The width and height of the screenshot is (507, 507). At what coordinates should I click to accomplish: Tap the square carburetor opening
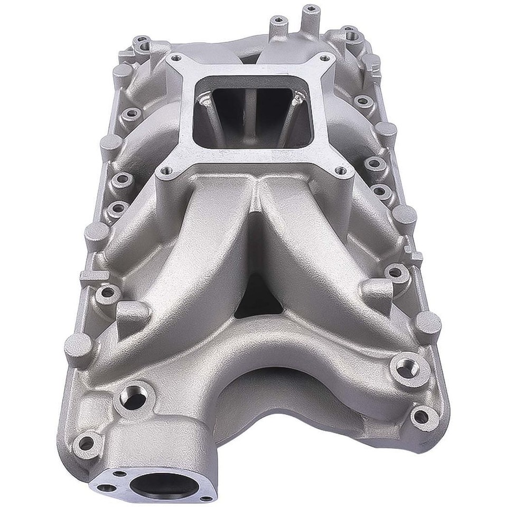pyautogui.click(x=248, y=113)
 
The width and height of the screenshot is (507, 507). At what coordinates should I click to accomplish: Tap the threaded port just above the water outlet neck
pyautogui.click(x=132, y=397)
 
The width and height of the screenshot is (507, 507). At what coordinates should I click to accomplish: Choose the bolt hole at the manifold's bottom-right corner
pyautogui.click(x=420, y=416)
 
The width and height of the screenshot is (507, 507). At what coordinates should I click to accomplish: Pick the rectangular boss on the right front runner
pyautogui.click(x=378, y=289)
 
